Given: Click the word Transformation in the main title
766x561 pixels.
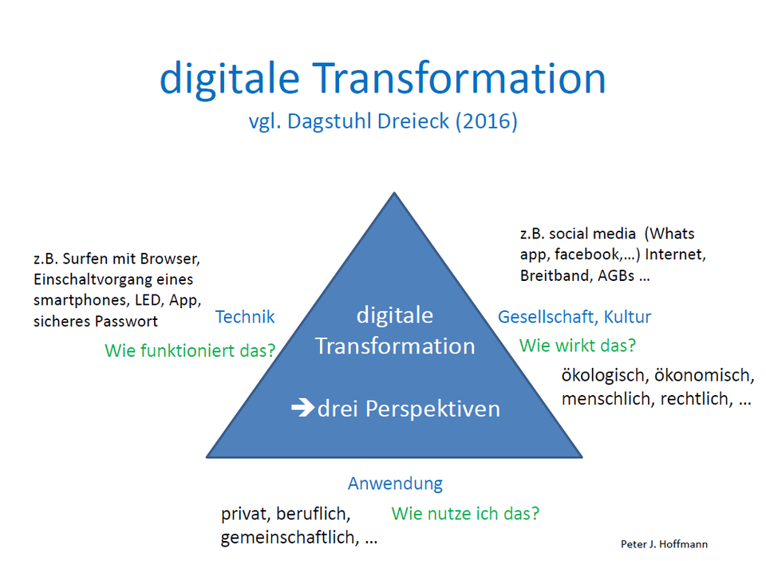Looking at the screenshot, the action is coord(459,78).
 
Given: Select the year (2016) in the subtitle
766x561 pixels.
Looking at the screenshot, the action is coord(487,121).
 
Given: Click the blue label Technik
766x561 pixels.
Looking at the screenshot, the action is coord(245,317).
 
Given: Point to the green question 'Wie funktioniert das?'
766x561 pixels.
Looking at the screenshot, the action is coord(190,350).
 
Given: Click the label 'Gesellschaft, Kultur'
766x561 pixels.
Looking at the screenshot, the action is coord(574,317).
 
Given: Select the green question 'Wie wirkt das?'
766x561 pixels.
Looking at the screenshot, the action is coord(578,346).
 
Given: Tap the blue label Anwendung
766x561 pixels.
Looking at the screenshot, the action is coord(395,484).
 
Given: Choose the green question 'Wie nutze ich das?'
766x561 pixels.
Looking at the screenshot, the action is coord(465,514).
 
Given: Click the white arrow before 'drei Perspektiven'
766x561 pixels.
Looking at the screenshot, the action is coord(303,408).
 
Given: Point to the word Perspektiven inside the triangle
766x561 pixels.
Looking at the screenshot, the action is coord(432,409).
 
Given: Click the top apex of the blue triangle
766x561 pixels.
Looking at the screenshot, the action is coord(394,192).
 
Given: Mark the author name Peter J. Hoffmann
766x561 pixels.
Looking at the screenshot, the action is coord(664,544).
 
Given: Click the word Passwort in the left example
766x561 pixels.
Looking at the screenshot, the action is coord(126,321).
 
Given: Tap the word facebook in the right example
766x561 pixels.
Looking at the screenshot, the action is coord(587,255).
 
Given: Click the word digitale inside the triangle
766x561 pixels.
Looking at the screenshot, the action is coord(395,315).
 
